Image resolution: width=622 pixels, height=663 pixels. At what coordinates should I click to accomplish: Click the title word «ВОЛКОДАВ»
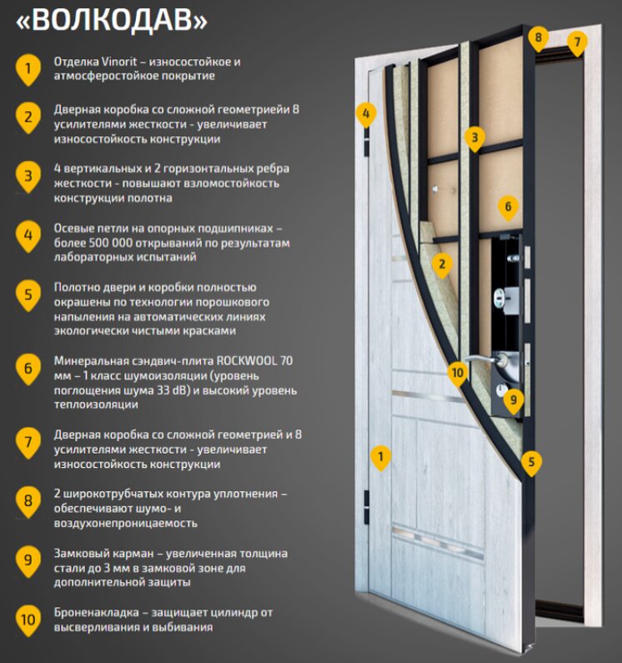(113, 19)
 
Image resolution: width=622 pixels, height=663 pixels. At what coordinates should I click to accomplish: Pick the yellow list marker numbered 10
(28, 619)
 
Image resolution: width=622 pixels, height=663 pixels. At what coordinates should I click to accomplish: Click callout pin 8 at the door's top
(539, 38)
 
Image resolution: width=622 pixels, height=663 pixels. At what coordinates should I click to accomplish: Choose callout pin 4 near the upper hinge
(365, 113)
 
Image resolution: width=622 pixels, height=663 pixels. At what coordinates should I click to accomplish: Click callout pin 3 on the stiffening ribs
(474, 136)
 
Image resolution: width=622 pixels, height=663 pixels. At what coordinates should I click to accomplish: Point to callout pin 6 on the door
(508, 206)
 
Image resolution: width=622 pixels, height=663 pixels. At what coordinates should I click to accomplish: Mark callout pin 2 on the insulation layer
(441, 265)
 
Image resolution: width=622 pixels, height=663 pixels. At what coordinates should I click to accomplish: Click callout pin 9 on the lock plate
(514, 399)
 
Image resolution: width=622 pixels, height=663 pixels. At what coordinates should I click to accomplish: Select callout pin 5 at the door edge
(531, 460)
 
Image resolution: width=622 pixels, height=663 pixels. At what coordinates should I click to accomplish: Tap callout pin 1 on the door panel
(380, 456)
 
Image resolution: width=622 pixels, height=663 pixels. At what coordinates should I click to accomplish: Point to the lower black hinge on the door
(367, 507)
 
